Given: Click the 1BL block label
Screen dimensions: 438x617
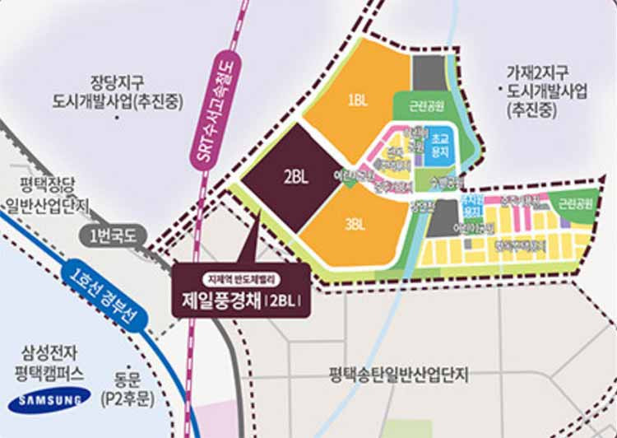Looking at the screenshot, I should coord(357,100).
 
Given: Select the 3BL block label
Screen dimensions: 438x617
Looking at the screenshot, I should coord(355,222).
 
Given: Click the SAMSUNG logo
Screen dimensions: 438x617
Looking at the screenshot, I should coord(49,400).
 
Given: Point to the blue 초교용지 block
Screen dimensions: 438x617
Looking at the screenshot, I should coord(441,146).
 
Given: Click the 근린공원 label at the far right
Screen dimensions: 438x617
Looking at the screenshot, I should coord(572,202).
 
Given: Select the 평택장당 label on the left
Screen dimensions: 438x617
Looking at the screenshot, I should coord(47,187).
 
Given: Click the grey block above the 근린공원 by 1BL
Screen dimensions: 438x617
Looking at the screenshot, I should coord(427,72).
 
